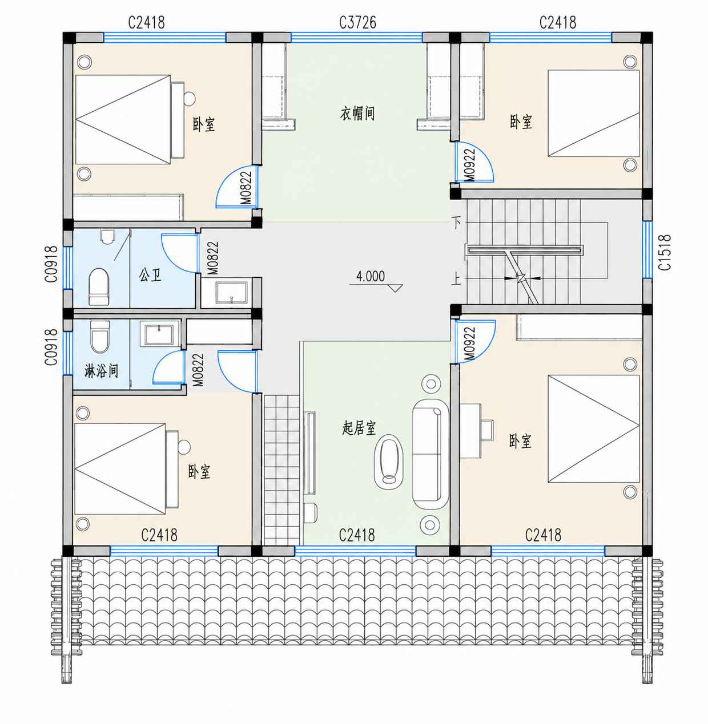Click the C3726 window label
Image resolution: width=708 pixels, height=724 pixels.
[357, 22]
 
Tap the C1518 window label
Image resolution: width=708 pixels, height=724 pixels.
[665, 252]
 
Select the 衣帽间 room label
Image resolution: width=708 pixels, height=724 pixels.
[357, 113]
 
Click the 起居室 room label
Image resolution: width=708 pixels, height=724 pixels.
[359, 428]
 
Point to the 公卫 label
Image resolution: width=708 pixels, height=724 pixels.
[150, 275]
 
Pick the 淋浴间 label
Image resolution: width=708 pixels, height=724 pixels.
[101, 371]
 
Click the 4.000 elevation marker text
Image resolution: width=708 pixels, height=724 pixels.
[371, 277]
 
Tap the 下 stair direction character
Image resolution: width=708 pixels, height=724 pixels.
[456, 223]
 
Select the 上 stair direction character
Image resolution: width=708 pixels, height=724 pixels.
[456, 278]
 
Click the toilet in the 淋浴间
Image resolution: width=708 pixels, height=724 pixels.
[100, 337]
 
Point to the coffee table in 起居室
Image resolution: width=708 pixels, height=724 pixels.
[388, 462]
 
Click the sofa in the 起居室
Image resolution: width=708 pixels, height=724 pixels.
[431, 454]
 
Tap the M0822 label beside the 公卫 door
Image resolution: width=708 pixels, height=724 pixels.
[213, 258]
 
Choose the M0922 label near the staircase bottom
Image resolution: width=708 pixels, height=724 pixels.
[470, 344]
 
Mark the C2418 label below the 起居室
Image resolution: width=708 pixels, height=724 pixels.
[357, 535]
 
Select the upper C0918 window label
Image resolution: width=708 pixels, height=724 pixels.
[51, 264]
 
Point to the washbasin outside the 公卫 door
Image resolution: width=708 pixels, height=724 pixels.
[232, 293]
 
